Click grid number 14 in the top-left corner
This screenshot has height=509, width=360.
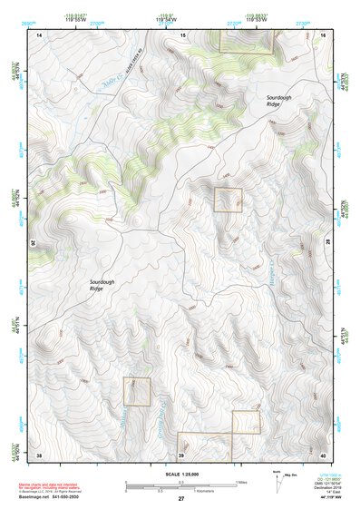click(x=39, y=34)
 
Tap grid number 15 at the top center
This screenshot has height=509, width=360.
click(x=182, y=34)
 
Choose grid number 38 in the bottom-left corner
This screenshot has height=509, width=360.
click(x=39, y=454)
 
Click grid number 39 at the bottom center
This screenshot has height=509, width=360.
click(x=181, y=454)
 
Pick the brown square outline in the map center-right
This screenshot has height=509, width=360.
click(x=228, y=200)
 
